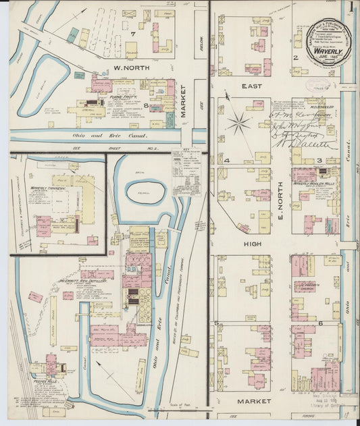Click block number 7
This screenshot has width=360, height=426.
point(134,34)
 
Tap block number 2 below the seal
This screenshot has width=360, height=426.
point(294,58)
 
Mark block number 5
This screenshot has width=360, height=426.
point(217,324)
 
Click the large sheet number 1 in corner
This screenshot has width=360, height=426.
point(351,7)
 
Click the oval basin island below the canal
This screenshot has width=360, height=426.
point(150,191)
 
